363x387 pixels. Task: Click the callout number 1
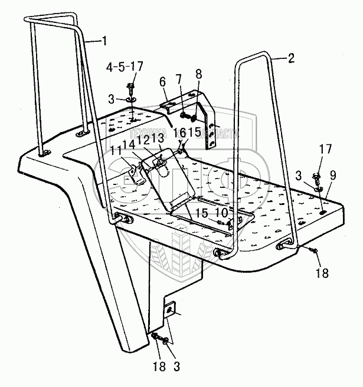click(x=104, y=41)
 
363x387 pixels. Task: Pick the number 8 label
click(x=198, y=75)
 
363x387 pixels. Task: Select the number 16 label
click(x=181, y=132)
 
